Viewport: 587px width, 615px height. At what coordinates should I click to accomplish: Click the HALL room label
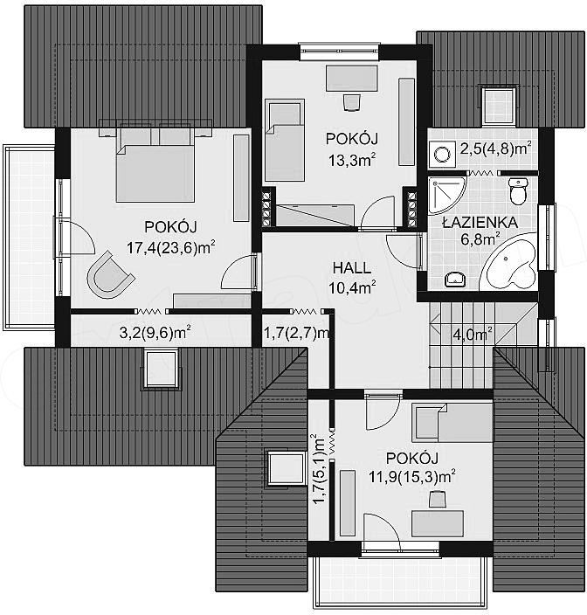[352, 268]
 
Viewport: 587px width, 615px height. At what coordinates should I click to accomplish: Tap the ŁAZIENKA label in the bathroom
[480, 223]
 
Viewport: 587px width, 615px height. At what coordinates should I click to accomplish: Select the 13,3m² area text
[352, 160]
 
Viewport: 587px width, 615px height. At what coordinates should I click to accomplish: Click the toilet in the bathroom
[518, 191]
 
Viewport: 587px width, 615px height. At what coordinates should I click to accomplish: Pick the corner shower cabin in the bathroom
[446, 196]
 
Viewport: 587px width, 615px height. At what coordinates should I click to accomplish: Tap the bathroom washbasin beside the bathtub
[455, 279]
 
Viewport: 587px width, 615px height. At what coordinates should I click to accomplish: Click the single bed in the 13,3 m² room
[285, 140]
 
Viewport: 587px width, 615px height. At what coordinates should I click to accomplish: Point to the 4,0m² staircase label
[473, 335]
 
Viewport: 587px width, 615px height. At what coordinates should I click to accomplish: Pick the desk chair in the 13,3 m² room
[351, 102]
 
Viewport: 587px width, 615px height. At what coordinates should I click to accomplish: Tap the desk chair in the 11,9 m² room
[438, 499]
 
